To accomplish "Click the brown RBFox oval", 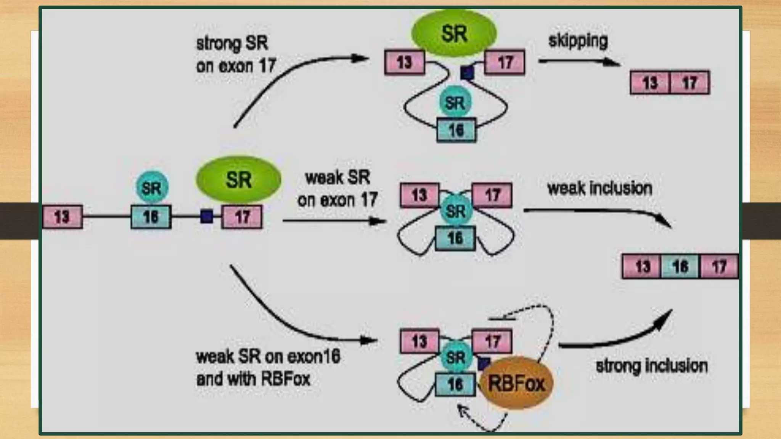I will tap(516, 383).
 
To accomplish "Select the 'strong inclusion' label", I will tap(651, 366).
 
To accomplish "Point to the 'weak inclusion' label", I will tap(599, 188).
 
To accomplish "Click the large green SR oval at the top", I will tap(454, 34).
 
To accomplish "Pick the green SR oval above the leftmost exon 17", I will tap(238, 179).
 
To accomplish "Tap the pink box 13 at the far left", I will tap(62, 217).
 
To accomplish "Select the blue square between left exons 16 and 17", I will tap(206, 216).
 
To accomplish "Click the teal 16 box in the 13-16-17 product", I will tap(680, 266).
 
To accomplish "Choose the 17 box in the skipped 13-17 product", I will tap(689, 82).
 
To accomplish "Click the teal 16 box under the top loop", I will tap(456, 130).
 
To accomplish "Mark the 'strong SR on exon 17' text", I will tap(236, 54).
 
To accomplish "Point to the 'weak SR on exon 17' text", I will tap(337, 189).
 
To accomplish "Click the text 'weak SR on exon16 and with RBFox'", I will tap(268, 368).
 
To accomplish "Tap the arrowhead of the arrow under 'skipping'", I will tap(612, 62).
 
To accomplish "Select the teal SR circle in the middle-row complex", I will tap(456, 211).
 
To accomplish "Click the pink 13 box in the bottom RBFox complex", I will tap(419, 341).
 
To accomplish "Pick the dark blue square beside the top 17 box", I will tap(467, 72).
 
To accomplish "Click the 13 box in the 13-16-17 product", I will tap(642, 266).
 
